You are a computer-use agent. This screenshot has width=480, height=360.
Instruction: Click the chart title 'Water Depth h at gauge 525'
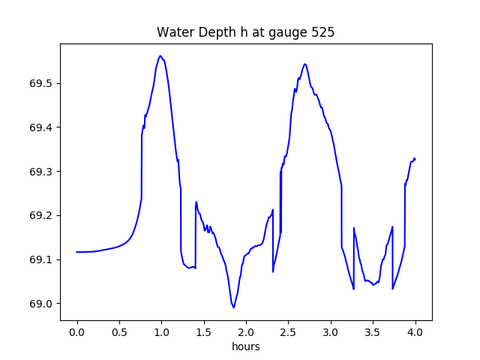click(x=245, y=33)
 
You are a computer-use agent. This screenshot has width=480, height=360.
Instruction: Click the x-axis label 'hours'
click(x=246, y=346)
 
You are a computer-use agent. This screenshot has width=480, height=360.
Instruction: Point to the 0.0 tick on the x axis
click(x=76, y=331)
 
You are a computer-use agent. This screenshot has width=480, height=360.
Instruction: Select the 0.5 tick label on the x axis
click(x=119, y=331)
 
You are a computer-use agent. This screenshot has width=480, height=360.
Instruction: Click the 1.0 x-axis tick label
click(x=161, y=331)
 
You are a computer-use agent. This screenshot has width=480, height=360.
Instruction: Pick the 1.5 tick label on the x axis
click(x=204, y=331)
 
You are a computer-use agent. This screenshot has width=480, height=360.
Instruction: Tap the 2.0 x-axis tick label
click(x=246, y=331)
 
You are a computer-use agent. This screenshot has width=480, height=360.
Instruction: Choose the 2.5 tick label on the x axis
click(x=289, y=331)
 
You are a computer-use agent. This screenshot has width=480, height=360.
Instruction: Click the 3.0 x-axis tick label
click(x=331, y=331)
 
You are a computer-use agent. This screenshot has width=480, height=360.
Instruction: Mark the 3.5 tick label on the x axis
click(x=373, y=331)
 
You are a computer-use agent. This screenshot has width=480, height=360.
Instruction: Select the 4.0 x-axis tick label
click(x=415, y=331)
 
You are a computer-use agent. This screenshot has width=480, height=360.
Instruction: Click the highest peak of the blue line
click(x=160, y=55)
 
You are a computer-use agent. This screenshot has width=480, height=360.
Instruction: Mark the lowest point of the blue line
click(x=234, y=307)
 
